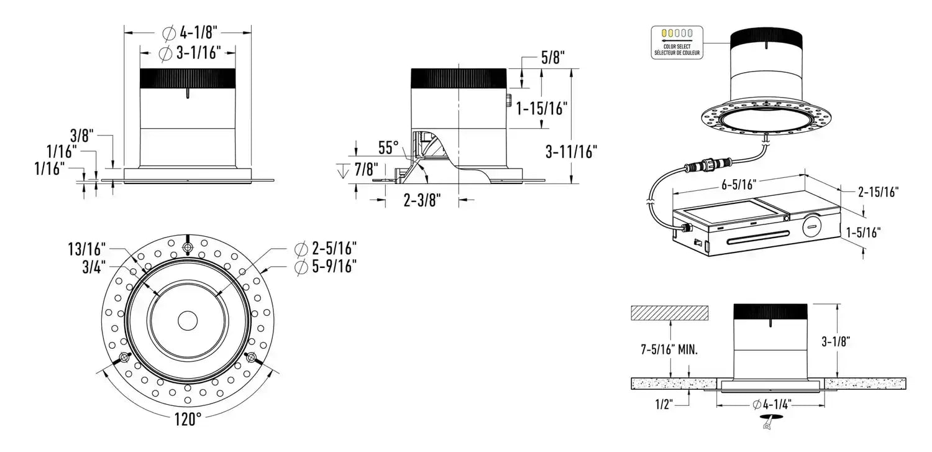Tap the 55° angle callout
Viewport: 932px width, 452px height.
[x=389, y=148]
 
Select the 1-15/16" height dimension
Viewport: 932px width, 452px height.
[x=542, y=108]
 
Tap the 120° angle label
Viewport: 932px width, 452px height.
[x=188, y=420]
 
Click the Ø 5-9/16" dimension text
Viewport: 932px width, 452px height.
[x=326, y=267]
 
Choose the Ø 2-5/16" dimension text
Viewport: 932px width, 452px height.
[x=326, y=249]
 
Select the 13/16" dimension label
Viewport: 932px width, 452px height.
[x=86, y=249]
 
